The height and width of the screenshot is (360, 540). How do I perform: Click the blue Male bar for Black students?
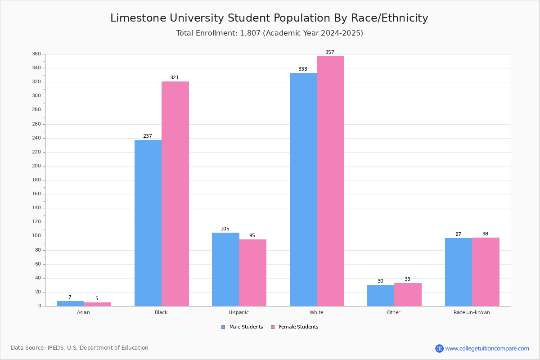pyautogui.click(x=148, y=223)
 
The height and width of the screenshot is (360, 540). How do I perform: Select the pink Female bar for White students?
pyautogui.click(x=330, y=181)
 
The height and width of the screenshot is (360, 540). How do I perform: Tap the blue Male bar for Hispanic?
pyautogui.click(x=225, y=270)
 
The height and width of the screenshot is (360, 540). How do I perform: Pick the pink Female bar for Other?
pyautogui.click(x=408, y=295)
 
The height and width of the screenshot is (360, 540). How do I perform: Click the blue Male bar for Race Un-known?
pyautogui.click(x=459, y=272)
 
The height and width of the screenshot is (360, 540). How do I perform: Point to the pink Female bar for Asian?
pyautogui.click(x=97, y=304)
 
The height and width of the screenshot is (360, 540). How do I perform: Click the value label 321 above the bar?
pyautogui.click(x=175, y=77)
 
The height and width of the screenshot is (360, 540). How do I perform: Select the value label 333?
pyautogui.click(x=303, y=69)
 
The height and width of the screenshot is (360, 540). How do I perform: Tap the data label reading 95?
pyautogui.click(x=252, y=235)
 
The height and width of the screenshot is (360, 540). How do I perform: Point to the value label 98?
pyautogui.click(x=485, y=234)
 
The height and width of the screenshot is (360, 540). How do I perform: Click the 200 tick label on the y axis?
pyautogui.click(x=36, y=166)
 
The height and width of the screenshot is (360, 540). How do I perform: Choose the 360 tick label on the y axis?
pyautogui.click(x=36, y=54)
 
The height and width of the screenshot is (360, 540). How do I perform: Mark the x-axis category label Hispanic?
pyautogui.click(x=238, y=312)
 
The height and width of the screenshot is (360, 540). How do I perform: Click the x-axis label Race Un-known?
pyautogui.click(x=472, y=312)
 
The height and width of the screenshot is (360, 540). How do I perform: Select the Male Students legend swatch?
pyautogui.click(x=223, y=327)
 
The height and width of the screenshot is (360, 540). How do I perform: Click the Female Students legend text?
pyautogui.click(x=299, y=327)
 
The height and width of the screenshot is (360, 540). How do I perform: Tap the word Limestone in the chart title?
pyautogui.click(x=139, y=18)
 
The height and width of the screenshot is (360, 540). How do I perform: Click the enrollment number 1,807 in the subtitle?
pyautogui.click(x=250, y=33)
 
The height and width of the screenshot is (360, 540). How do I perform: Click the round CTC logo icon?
pyautogui.click(x=440, y=348)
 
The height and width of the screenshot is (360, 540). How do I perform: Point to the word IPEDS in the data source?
pyautogui.click(x=56, y=348)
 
